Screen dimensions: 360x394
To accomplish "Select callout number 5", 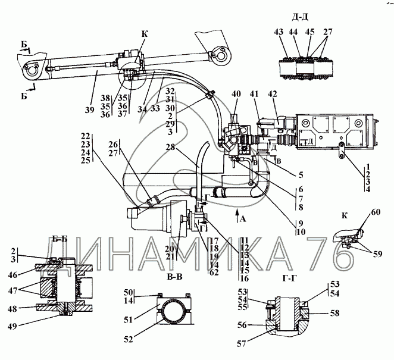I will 301,174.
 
